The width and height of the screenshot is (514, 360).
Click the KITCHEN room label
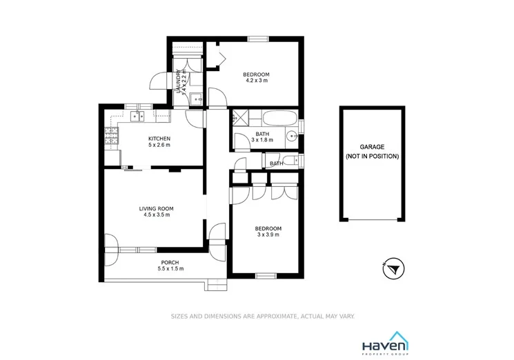point(159,139)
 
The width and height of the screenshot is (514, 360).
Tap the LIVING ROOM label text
point(156,208)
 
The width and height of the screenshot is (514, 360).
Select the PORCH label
point(170,263)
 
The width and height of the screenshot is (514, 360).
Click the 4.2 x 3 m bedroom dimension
point(256,81)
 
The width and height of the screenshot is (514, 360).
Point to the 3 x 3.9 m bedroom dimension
point(268,235)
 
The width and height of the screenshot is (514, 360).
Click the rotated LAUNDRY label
point(179,81)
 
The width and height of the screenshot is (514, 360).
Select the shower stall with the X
point(242,117)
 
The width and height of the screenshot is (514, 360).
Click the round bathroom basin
point(292,135)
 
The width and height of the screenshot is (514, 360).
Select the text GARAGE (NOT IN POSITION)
point(372,152)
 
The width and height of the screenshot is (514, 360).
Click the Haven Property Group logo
point(386,343)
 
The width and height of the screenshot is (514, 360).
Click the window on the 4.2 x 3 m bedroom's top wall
point(257,39)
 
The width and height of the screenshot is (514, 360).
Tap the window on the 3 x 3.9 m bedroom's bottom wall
point(266,276)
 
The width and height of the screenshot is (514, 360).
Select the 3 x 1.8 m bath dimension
point(262,140)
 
